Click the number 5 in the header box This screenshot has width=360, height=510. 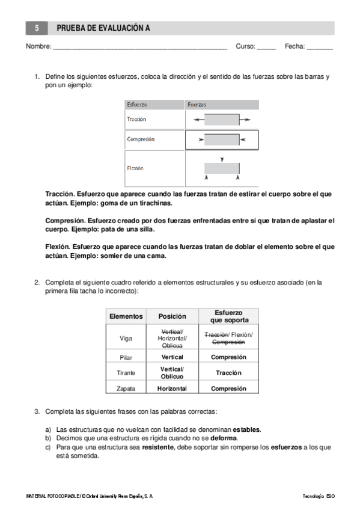(x=37, y=28)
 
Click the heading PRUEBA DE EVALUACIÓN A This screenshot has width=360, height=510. (x=103, y=28)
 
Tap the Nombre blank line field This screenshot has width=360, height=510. (x=140, y=46)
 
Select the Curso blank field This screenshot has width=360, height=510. (x=266, y=46)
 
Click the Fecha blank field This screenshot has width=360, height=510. (x=320, y=46)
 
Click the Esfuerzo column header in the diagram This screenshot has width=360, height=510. (x=137, y=105)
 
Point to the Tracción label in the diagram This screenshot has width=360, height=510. (x=136, y=119)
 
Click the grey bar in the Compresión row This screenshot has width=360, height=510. (x=222, y=140)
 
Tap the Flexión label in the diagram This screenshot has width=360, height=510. (x=135, y=168)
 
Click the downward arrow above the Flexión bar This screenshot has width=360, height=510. (x=222, y=159)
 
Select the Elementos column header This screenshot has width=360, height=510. (x=126, y=316)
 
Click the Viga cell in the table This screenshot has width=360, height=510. (x=126, y=338)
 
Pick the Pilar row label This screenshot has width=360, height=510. (x=126, y=357)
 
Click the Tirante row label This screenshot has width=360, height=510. (x=126, y=373)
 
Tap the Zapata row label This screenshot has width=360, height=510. (x=126, y=389)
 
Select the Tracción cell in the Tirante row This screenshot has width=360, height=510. (x=228, y=373)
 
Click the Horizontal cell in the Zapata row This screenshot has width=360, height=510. (x=172, y=389)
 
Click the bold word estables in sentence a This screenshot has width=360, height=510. (x=246, y=430)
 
